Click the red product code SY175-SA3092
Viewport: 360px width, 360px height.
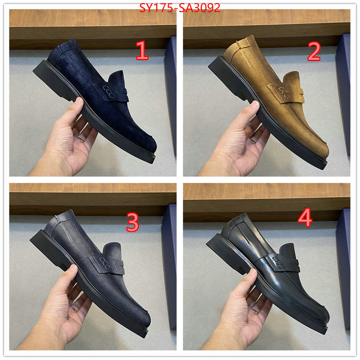[180, 8]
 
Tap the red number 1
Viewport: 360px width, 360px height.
[142, 50]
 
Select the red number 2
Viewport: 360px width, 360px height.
[314, 51]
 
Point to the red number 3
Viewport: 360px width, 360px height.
[133, 222]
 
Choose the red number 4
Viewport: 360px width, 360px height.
[305, 217]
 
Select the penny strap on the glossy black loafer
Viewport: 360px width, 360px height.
[283, 261]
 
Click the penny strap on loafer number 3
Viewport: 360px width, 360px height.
[107, 264]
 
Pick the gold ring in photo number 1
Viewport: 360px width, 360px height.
[81, 140]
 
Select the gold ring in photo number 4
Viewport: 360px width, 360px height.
[255, 312]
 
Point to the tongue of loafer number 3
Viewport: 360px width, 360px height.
[113, 249]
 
